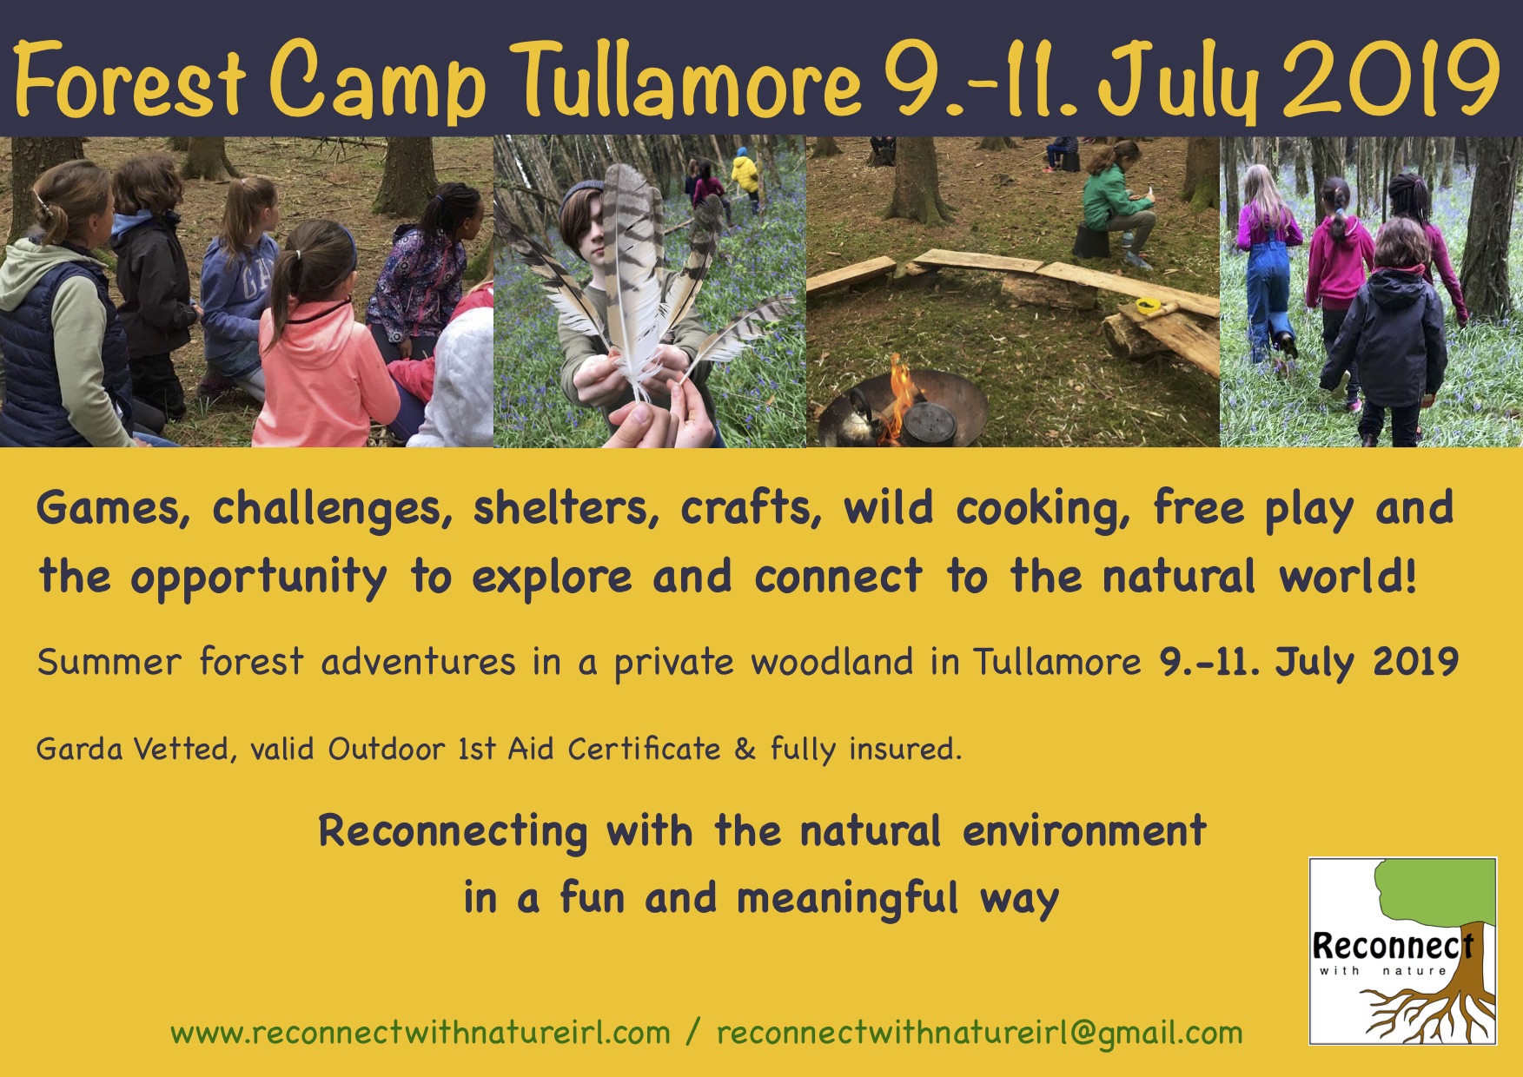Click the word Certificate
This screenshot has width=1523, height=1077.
tap(644, 749)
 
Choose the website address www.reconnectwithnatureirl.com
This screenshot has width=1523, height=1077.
tap(420, 1033)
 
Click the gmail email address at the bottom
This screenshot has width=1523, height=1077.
tap(979, 1033)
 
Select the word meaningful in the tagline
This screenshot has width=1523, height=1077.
tap(847, 898)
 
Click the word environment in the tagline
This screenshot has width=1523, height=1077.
tap(1084, 831)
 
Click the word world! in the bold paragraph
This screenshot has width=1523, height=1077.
tap(1348, 577)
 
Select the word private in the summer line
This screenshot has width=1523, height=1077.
tap(674, 663)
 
